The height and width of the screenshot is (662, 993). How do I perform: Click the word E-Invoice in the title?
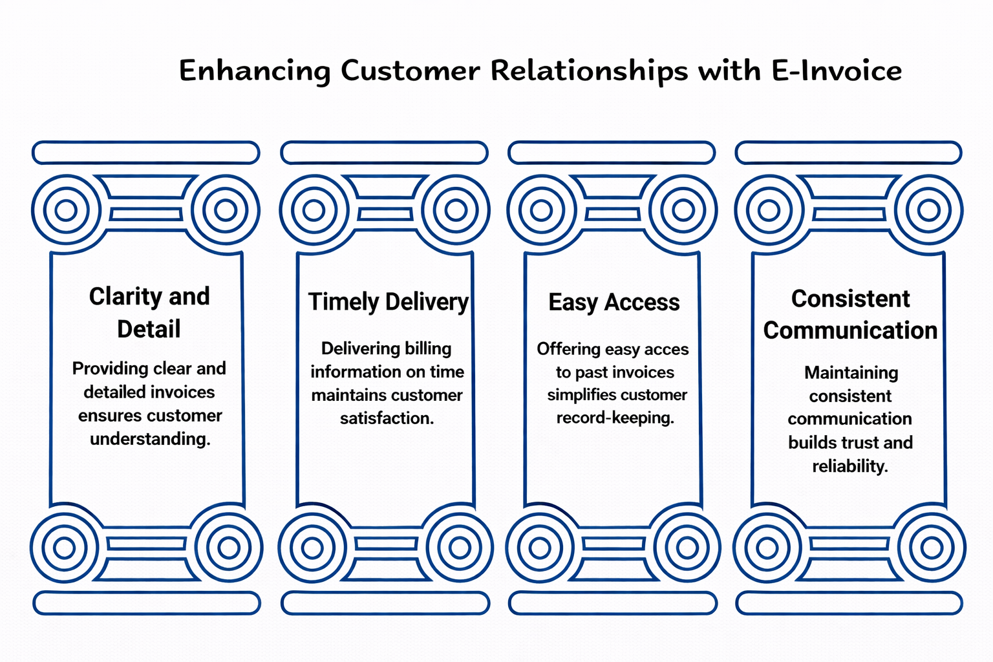click(x=837, y=70)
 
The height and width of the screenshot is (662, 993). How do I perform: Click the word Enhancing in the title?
click(x=254, y=71)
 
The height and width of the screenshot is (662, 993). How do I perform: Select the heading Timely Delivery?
click(x=388, y=302)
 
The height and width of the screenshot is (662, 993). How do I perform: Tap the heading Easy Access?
click(x=614, y=303)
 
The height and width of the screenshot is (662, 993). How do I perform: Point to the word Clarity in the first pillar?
click(x=126, y=297)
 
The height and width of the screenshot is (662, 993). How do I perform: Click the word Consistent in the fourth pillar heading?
click(x=850, y=299)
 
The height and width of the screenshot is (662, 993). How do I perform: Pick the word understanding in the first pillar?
click(x=150, y=439)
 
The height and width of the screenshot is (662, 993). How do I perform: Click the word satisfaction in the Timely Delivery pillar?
click(x=387, y=418)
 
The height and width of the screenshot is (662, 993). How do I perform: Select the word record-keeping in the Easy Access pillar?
click(x=615, y=418)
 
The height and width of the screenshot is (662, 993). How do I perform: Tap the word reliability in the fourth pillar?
click(x=849, y=466)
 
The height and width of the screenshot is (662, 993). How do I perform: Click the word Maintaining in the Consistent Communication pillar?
click(x=851, y=373)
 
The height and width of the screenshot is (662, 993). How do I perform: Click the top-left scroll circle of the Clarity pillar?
click(x=66, y=210)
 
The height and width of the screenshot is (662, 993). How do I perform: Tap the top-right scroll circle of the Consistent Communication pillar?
click(x=929, y=210)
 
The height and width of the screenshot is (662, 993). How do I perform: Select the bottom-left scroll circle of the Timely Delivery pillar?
click(x=312, y=548)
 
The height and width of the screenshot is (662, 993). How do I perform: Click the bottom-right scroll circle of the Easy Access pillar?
click(x=687, y=548)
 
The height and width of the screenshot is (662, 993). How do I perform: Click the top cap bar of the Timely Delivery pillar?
click(x=384, y=153)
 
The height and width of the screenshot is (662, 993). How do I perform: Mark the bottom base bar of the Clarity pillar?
click(x=147, y=603)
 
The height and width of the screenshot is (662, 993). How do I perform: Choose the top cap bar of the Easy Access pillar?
click(x=612, y=153)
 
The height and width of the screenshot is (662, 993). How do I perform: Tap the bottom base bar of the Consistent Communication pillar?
click(x=849, y=603)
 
